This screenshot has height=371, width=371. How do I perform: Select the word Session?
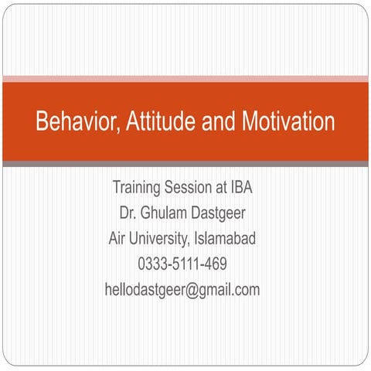tap(191, 187)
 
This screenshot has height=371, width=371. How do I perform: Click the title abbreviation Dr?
tap(128, 213)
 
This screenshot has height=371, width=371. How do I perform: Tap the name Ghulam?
tap(165, 213)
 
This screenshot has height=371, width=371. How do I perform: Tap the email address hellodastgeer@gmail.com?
tap(182, 291)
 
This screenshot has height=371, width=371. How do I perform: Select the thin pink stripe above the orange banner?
tap(185, 79)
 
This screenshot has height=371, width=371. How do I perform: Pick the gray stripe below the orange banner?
tap(185, 164)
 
